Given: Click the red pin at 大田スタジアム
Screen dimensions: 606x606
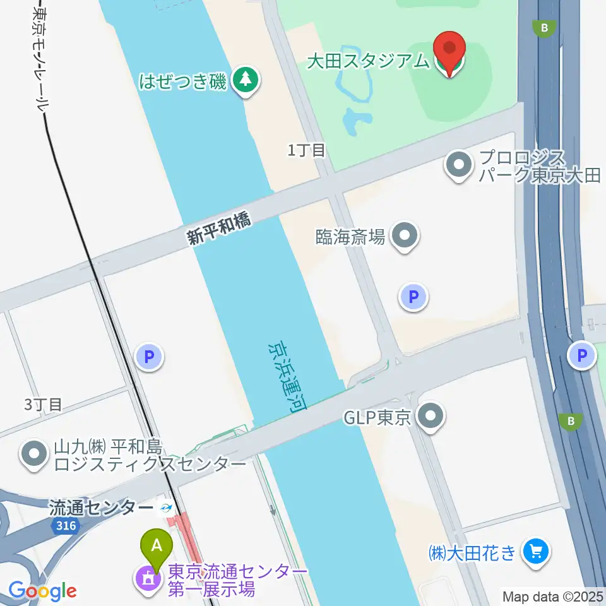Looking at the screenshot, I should [449, 49].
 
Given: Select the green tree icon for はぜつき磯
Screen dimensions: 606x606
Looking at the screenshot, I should [244, 80].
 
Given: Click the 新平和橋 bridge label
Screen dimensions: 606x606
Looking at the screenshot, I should [218, 228].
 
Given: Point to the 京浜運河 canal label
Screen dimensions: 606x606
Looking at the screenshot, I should [285, 377].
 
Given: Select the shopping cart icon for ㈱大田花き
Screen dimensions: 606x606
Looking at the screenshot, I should [537, 553].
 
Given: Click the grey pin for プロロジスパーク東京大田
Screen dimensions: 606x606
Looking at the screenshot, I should [459, 165].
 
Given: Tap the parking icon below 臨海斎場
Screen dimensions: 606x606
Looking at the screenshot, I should [414, 297].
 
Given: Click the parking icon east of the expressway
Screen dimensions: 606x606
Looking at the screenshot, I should [581, 355].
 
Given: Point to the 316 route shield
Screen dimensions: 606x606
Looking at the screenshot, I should [65, 526].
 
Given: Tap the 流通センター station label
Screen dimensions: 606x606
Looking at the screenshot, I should [101, 508].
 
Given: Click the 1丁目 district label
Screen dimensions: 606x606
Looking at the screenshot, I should [306, 150].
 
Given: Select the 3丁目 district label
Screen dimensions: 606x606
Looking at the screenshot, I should [44, 405].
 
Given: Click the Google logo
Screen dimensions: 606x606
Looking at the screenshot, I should [43, 591].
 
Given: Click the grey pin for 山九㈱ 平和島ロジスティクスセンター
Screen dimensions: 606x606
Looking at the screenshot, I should [33, 455].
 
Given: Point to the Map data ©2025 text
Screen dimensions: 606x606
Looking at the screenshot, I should [552, 595].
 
